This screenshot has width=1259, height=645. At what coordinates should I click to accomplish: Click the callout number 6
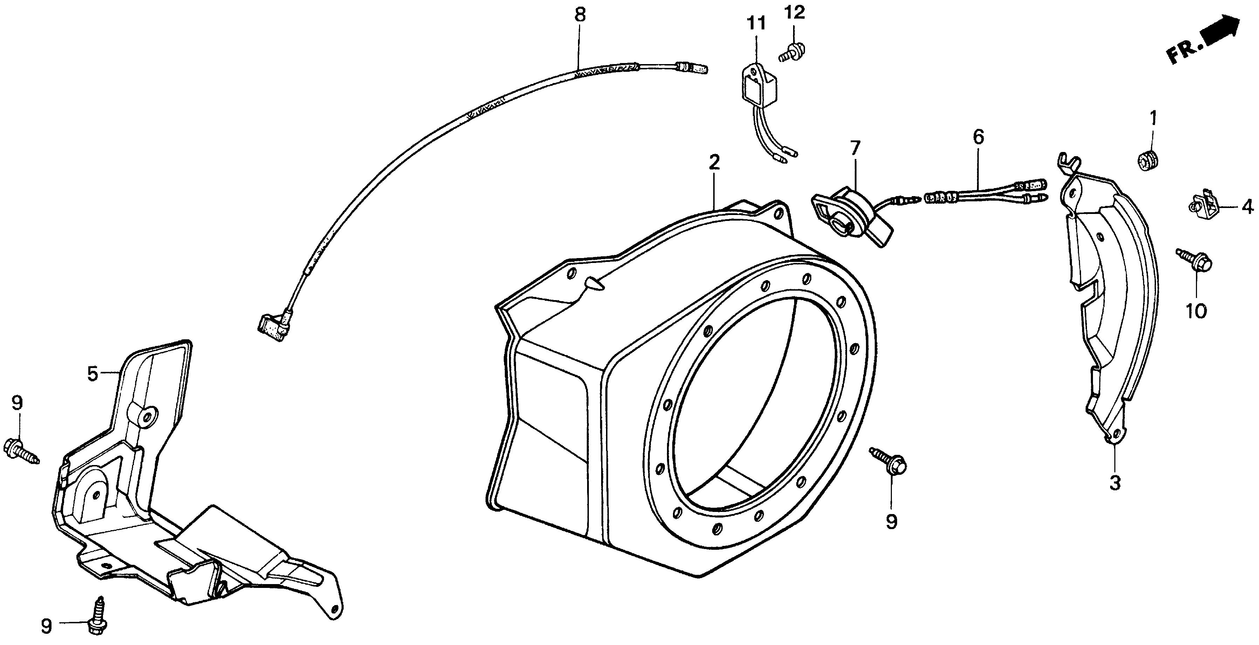click(x=978, y=137)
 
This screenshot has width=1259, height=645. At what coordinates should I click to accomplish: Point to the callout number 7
click(x=855, y=147)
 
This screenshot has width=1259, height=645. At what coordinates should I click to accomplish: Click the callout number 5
click(x=92, y=374)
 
